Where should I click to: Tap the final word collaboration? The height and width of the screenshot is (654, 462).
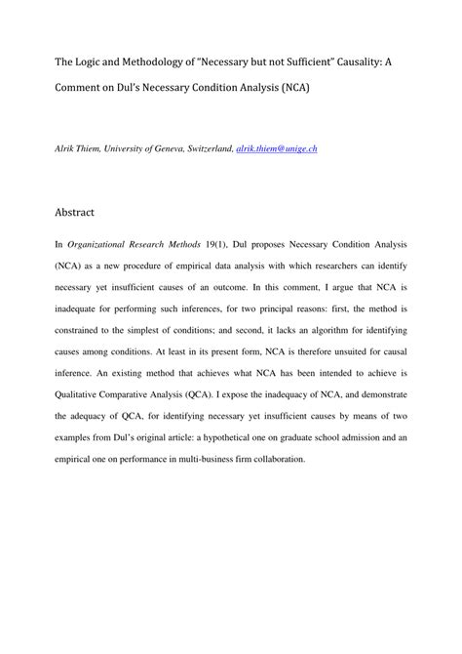[x=276, y=459]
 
